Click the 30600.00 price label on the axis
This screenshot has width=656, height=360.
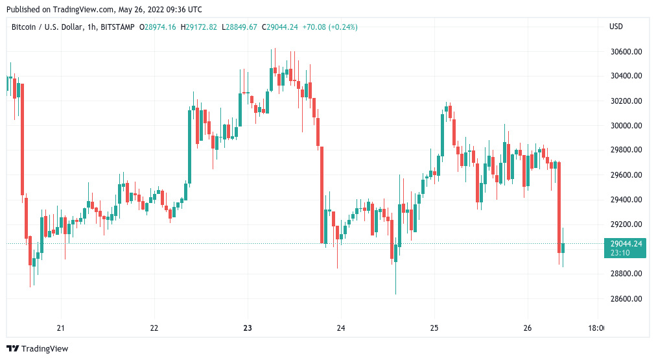(x=626, y=51)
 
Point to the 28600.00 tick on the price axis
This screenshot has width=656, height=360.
(x=626, y=298)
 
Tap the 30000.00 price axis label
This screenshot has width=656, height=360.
(x=626, y=126)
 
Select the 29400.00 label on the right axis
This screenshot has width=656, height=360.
(x=626, y=200)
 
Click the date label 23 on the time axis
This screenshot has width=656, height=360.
(x=248, y=328)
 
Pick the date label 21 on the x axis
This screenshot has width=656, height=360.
(x=61, y=328)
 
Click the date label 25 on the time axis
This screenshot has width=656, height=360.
(x=434, y=328)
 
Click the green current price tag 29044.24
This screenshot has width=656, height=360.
(x=626, y=244)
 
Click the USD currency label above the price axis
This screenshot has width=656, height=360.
(x=616, y=27)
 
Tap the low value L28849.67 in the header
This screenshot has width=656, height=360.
(x=240, y=27)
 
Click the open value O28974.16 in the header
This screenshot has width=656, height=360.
(x=159, y=27)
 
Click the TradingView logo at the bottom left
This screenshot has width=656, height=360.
(x=38, y=348)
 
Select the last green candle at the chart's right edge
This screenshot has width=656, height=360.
(x=563, y=247)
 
